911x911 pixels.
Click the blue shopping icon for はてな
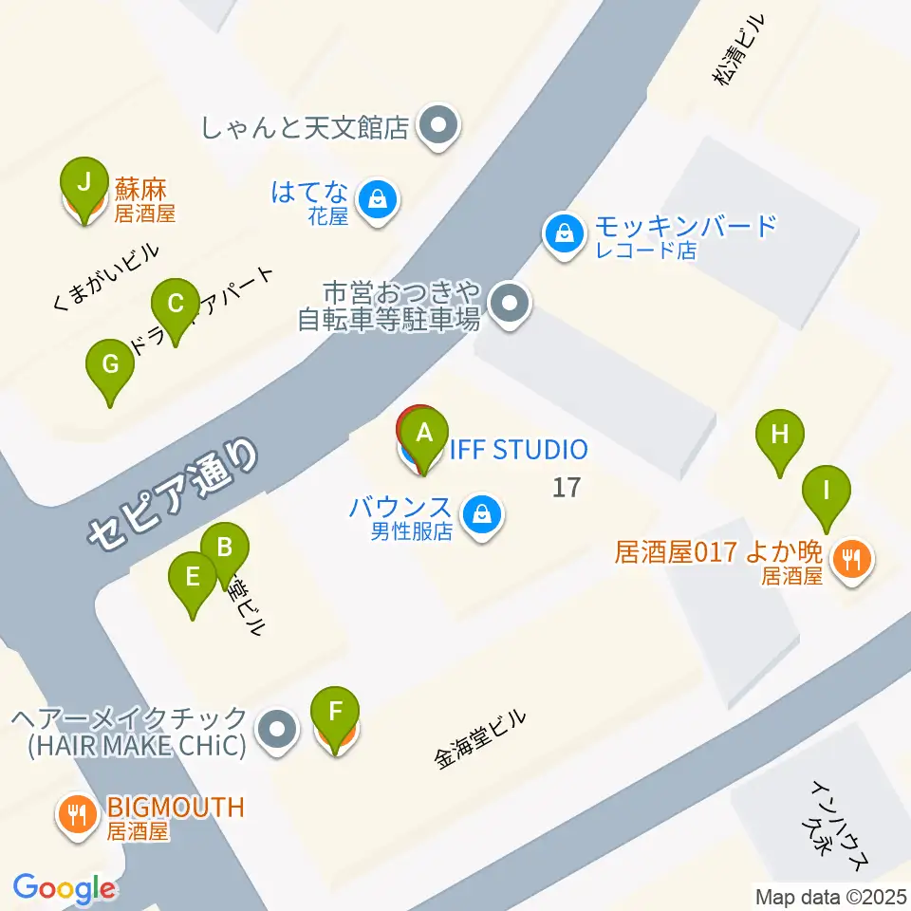[378, 200]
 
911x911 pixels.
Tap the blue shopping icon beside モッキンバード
[565, 232]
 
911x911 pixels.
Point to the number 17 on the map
[566, 488]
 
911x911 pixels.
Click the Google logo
[65, 888]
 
